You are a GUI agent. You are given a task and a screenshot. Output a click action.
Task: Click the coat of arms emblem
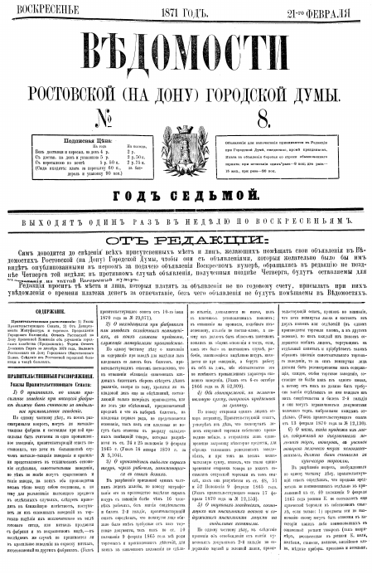point(187,141)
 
